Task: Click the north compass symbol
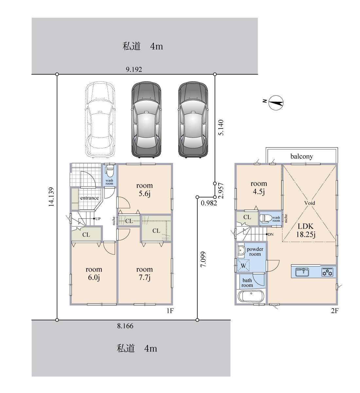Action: point(276,103)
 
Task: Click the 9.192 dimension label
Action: point(134,69)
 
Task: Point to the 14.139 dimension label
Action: point(51,197)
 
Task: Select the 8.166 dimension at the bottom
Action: point(125,326)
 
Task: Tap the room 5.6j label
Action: point(144,189)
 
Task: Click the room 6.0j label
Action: point(94,273)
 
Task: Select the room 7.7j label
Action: point(144,273)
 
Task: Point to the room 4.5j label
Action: point(259,187)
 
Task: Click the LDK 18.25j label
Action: point(306,230)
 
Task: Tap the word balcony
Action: point(301,156)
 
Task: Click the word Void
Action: point(310,203)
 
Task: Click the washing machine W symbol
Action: point(243,266)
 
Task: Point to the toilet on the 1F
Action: point(109,171)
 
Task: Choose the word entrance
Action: point(89,198)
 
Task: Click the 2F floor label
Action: point(334,311)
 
